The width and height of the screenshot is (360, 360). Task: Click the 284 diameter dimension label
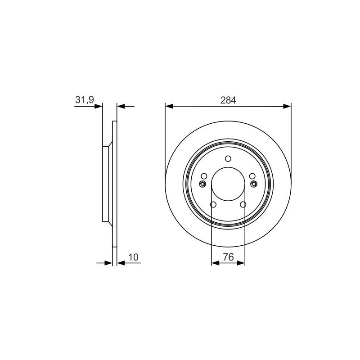pyautogui.click(x=228, y=100)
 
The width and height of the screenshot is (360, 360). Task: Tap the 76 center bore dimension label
pyautogui.click(x=228, y=257)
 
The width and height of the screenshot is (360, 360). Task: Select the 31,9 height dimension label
pyautogui.click(x=85, y=100)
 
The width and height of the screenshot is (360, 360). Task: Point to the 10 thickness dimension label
pyautogui.click(x=133, y=257)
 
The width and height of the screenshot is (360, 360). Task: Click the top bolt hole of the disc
pyautogui.click(x=228, y=158)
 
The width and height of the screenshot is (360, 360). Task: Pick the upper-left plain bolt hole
pyautogui.click(x=204, y=176)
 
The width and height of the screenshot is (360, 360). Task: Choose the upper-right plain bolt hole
pyautogui.click(x=252, y=176)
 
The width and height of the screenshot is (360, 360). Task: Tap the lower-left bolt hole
pyautogui.click(x=213, y=204)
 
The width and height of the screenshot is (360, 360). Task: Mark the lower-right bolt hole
pyautogui.click(x=243, y=204)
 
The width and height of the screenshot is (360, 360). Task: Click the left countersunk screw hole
pyautogui.click(x=202, y=184)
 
